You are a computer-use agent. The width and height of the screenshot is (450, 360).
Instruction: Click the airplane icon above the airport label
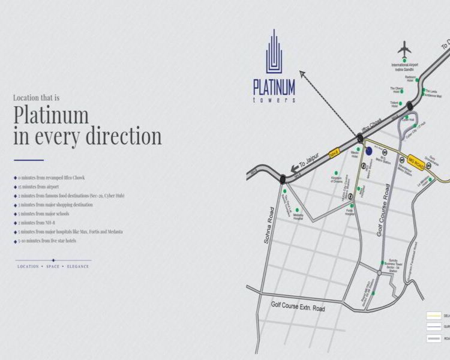pyautogui.click(x=406, y=50)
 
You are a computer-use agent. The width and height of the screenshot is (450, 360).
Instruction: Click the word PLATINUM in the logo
pyautogui.click(x=274, y=88)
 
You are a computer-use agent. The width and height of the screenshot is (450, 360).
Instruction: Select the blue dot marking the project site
pyautogui.click(x=368, y=152)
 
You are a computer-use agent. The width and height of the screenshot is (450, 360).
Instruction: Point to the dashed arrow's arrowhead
pyautogui.click(x=302, y=73)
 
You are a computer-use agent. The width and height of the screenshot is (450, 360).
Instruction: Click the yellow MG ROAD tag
pyautogui.click(x=416, y=161)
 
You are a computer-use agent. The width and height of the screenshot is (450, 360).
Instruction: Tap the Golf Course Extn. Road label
pyautogui.click(x=298, y=306)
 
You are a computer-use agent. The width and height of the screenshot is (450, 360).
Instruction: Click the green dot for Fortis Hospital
pyautogui.click(x=352, y=206)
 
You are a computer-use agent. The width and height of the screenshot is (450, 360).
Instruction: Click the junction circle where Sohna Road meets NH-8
pyautogui.click(x=282, y=178)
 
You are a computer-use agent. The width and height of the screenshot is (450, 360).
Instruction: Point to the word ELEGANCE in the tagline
pyautogui.click(x=78, y=266)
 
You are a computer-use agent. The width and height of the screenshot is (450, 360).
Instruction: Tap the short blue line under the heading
pyautogui.click(x=29, y=160)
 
